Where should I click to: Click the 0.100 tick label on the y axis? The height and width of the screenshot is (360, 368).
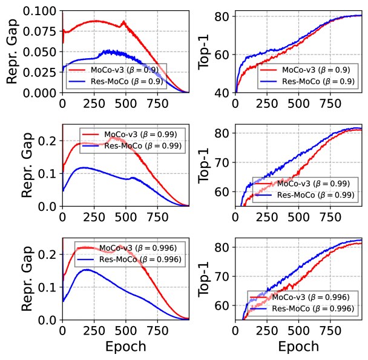[x=41, y=12]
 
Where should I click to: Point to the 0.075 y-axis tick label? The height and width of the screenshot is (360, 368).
[x=41, y=32]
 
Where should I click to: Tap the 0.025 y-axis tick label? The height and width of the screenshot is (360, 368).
[x=41, y=72]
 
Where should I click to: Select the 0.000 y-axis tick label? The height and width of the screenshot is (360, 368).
[x=41, y=92]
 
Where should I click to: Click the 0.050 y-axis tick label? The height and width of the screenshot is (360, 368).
[x=41, y=52]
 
